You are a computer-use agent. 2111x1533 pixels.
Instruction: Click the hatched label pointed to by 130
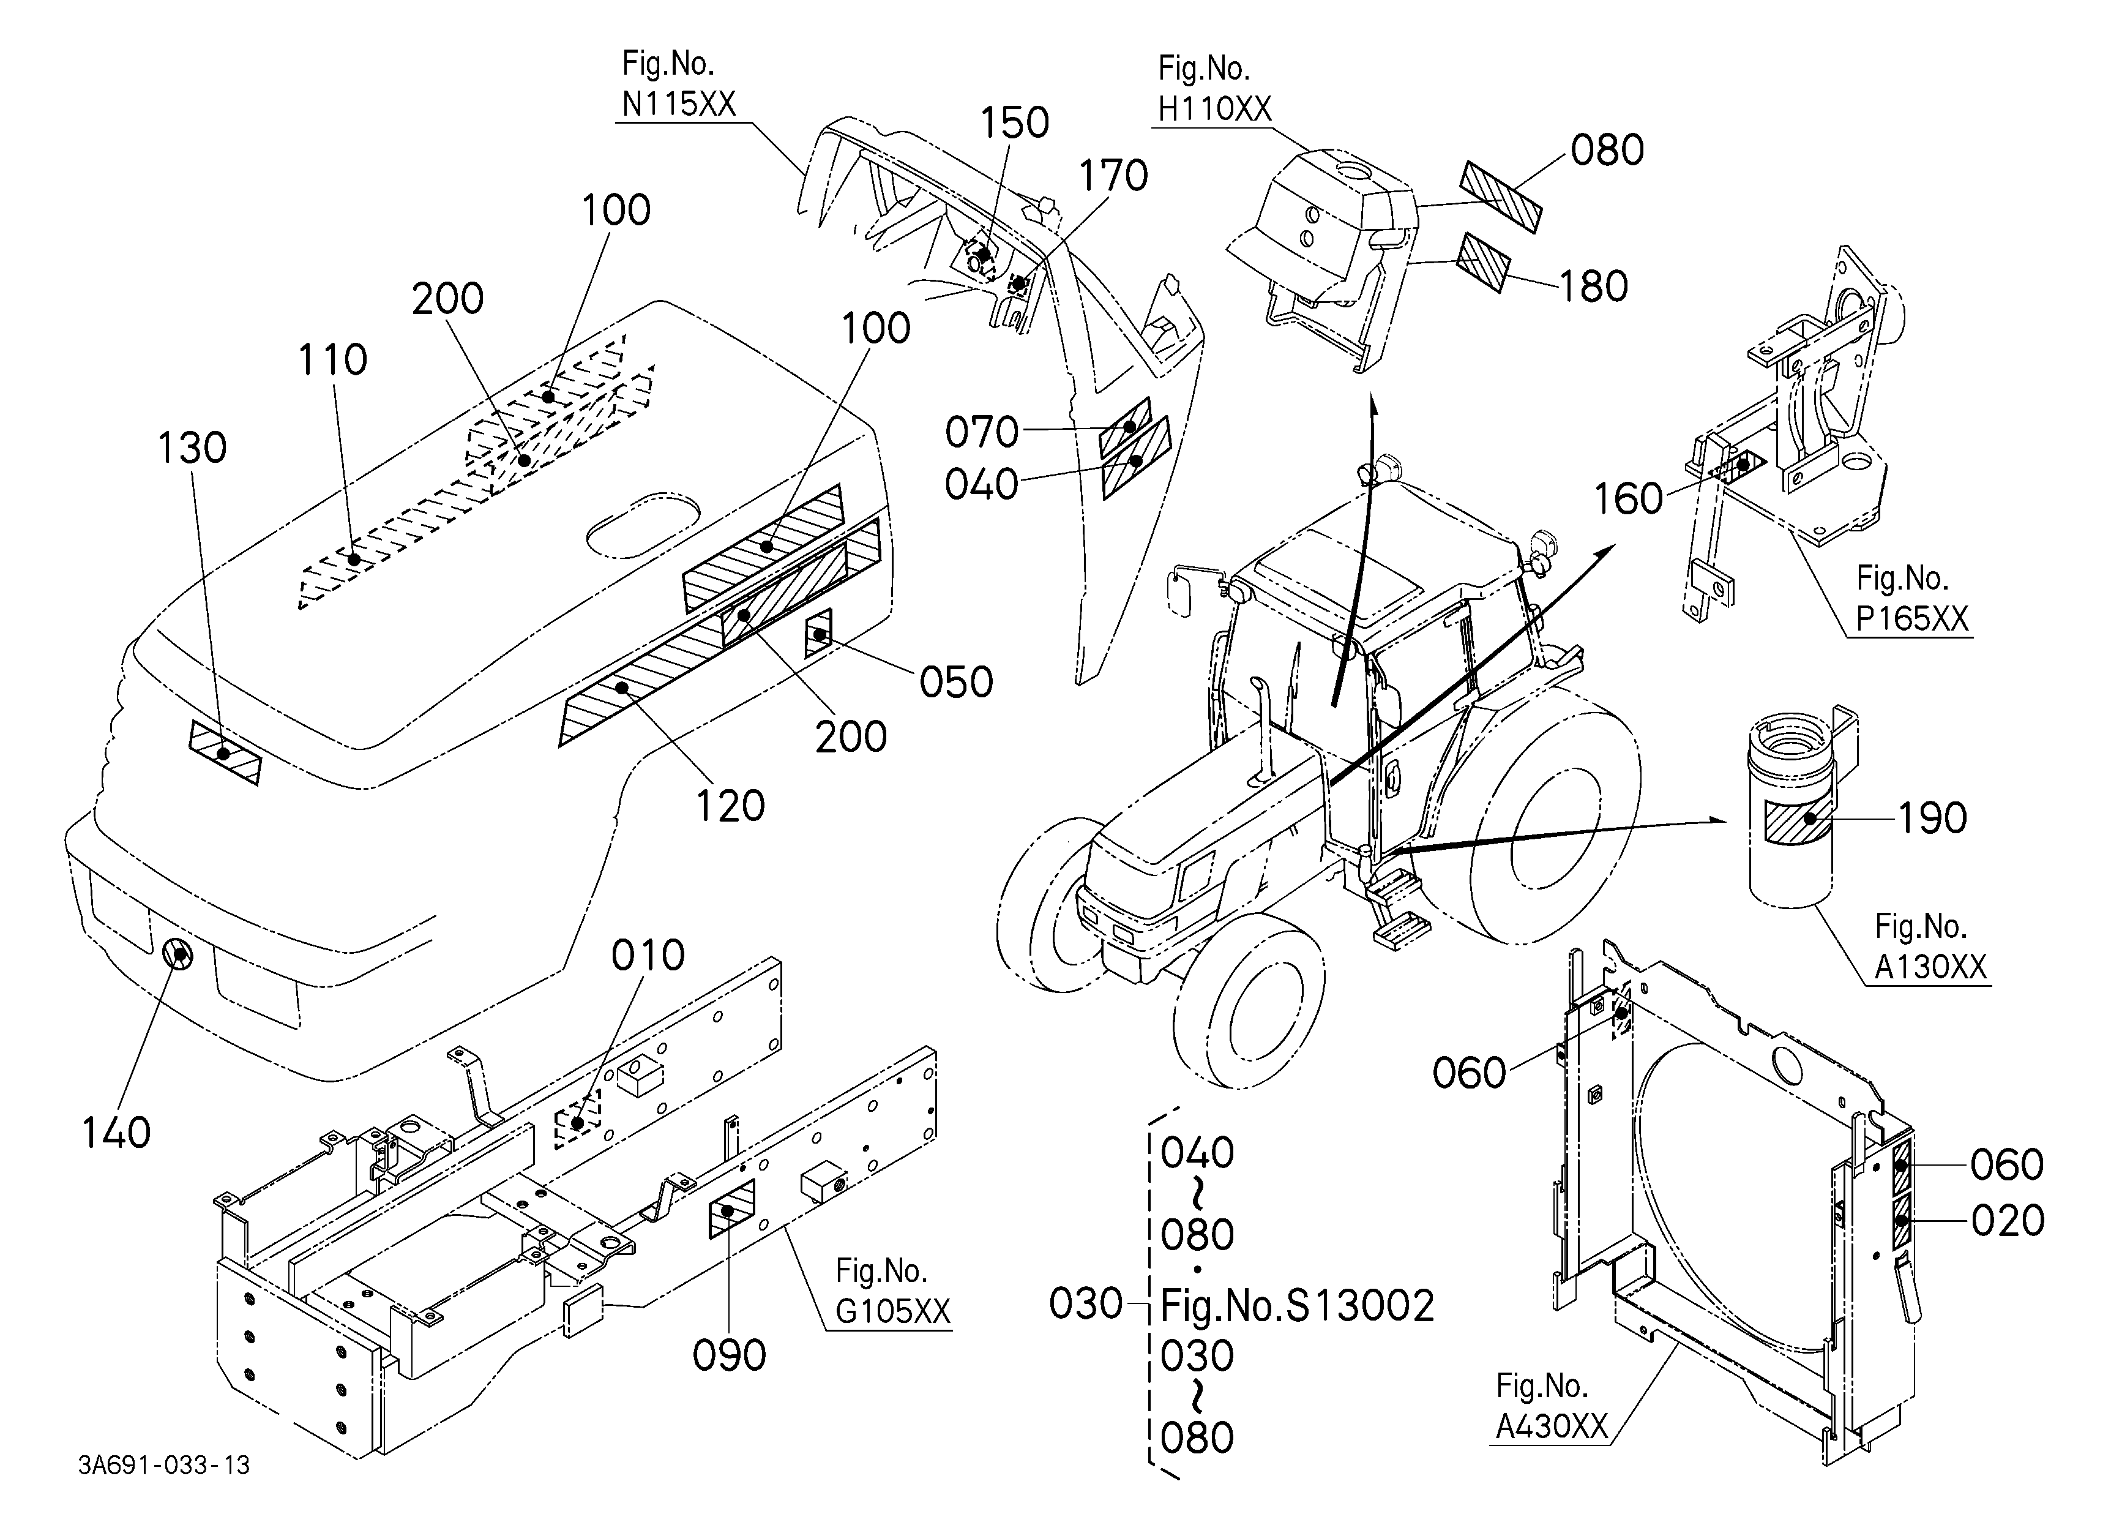point(225,752)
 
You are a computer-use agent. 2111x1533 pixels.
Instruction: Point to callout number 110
point(332,359)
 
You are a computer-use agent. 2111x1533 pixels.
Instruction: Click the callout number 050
point(956,682)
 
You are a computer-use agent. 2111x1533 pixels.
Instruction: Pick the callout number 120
point(731,806)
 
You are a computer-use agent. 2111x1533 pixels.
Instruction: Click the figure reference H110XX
point(1215,109)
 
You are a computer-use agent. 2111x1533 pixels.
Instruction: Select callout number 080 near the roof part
point(1607,150)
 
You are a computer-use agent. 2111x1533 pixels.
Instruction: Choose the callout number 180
point(1593,287)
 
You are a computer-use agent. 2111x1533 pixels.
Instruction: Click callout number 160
point(1628,499)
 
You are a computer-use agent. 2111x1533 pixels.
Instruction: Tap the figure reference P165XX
point(1912,619)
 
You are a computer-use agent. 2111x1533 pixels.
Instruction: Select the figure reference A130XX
point(1930,967)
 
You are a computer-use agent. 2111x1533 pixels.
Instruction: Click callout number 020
point(2008,1220)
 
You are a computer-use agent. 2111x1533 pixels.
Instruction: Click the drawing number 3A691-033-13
point(164,1465)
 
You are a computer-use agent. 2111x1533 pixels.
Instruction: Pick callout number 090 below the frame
point(729,1356)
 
